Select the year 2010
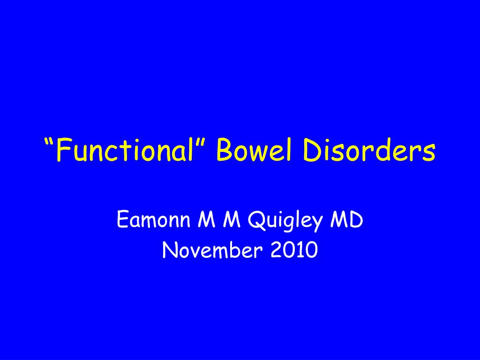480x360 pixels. pyautogui.click(x=294, y=251)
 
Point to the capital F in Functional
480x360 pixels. pyautogui.click(x=62, y=151)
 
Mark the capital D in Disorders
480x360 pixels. pyautogui.click(x=315, y=151)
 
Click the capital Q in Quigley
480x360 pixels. pyautogui.click(x=255, y=220)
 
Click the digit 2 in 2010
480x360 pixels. pyautogui.click(x=276, y=251)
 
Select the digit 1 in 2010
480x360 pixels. pyautogui.click(x=300, y=251)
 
